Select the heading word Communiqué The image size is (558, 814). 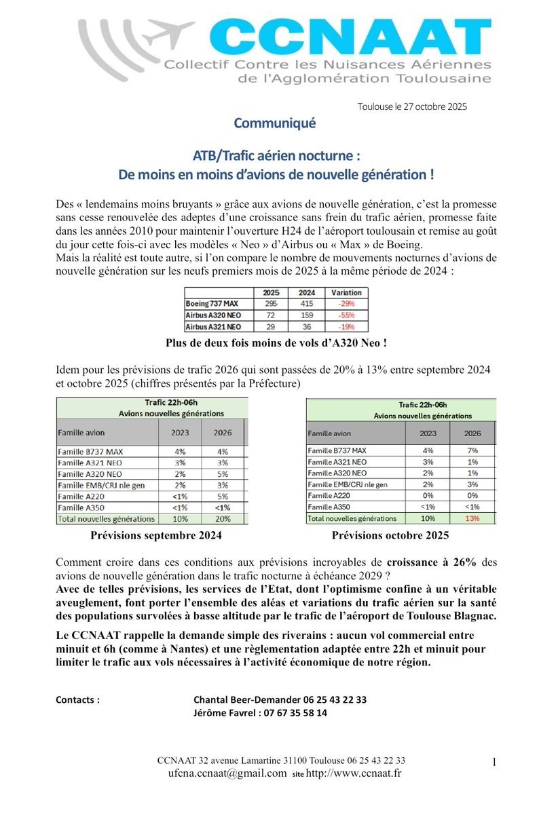coord(265,123)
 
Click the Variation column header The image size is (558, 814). coord(346,292)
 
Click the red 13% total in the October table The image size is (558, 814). coord(472,518)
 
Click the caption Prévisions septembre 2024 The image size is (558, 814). coord(155,535)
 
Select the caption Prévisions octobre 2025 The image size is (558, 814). coord(390,535)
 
